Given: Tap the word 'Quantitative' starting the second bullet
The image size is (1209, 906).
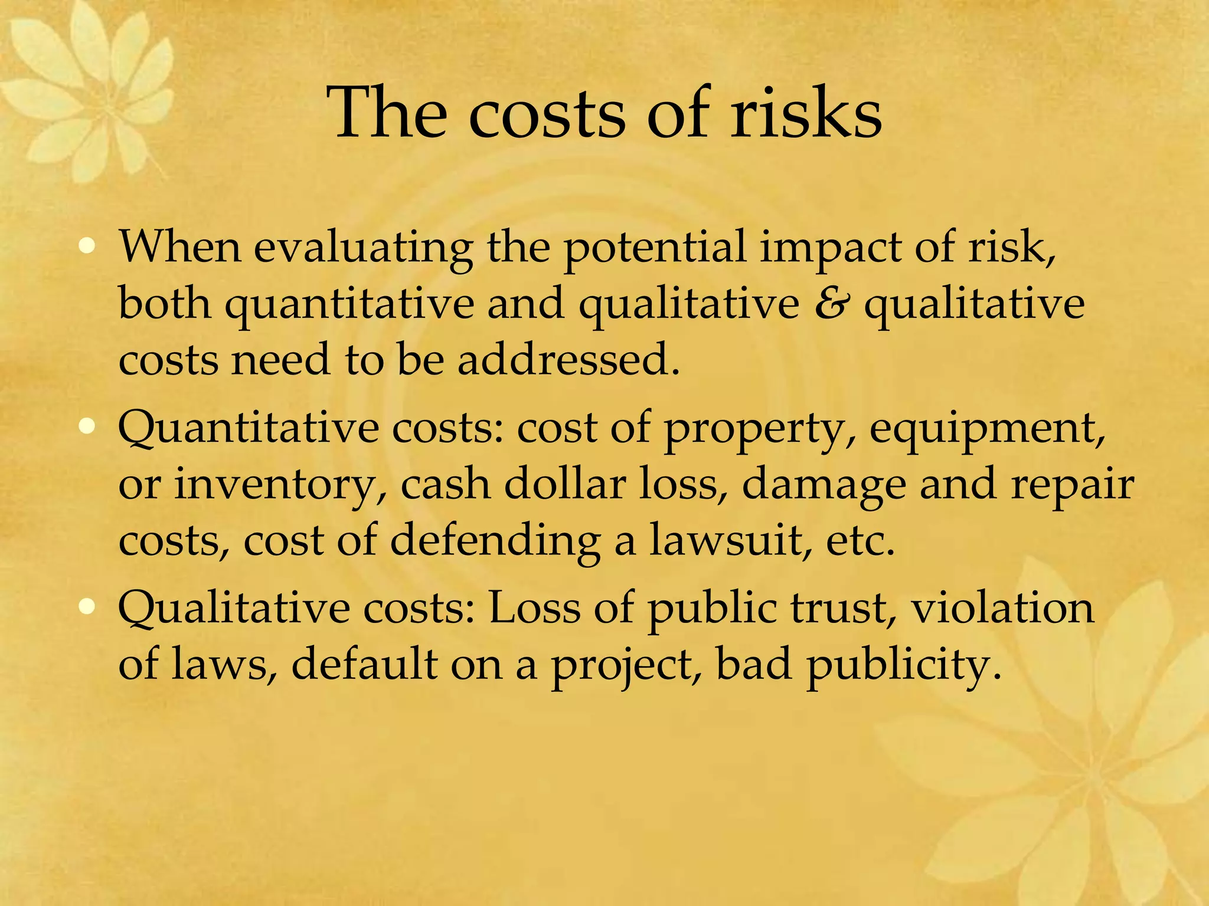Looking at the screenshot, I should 248,428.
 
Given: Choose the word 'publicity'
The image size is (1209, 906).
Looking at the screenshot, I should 903,665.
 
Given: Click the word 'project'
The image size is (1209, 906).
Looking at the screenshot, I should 626,665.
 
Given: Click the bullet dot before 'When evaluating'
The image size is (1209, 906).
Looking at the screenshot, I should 87,246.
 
